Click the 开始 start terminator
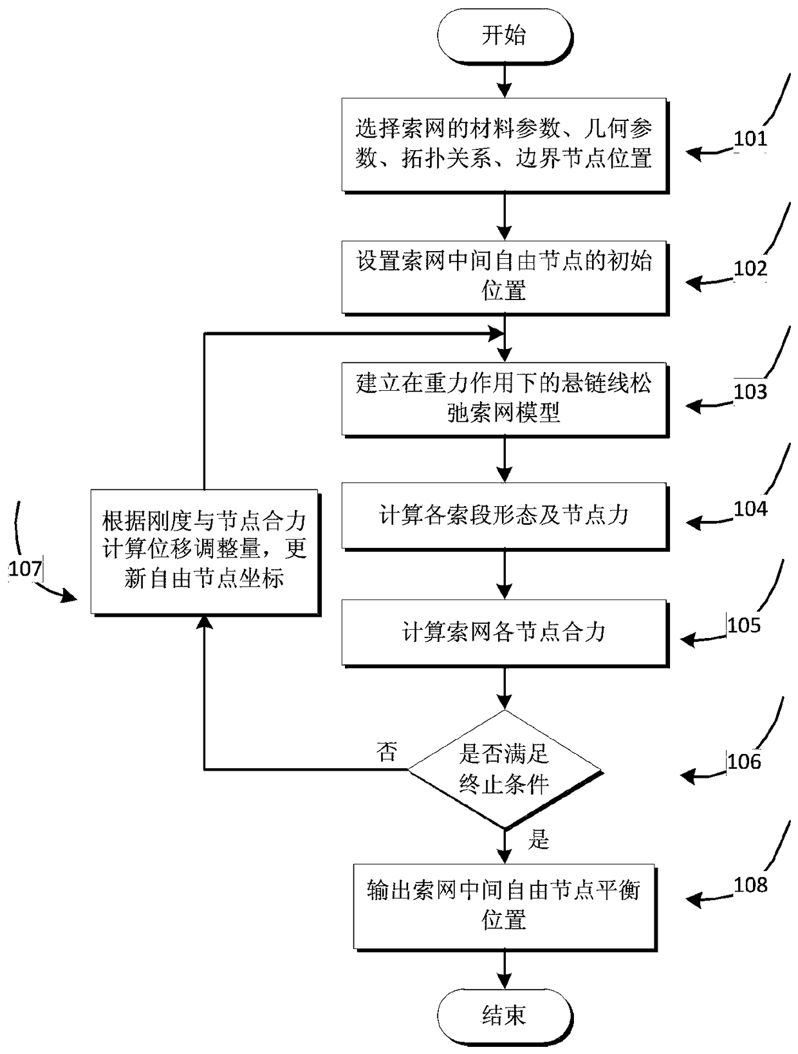click(504, 36)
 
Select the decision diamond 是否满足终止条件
click(505, 769)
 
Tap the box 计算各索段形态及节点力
click(505, 515)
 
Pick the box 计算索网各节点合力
click(505, 632)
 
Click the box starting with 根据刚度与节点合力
click(205, 551)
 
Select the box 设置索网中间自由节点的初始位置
click(505, 276)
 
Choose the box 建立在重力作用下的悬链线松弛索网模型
click(505, 398)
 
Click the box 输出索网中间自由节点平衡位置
click(505, 905)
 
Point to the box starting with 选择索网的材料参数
click(505, 144)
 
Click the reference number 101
click(750, 139)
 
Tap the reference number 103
click(750, 391)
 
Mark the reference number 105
click(744, 625)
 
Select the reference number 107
click(25, 569)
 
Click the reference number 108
click(750, 885)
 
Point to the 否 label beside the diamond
click(387, 752)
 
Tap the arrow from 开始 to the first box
click(505, 81)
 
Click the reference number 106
click(744, 762)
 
